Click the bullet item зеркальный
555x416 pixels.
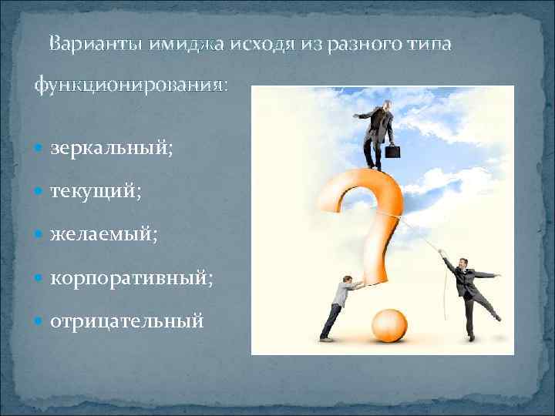point(111,149)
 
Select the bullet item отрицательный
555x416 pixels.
point(127,318)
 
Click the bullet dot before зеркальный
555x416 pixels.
point(40,149)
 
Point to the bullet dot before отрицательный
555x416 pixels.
point(40,318)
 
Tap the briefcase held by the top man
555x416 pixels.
point(393,152)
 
